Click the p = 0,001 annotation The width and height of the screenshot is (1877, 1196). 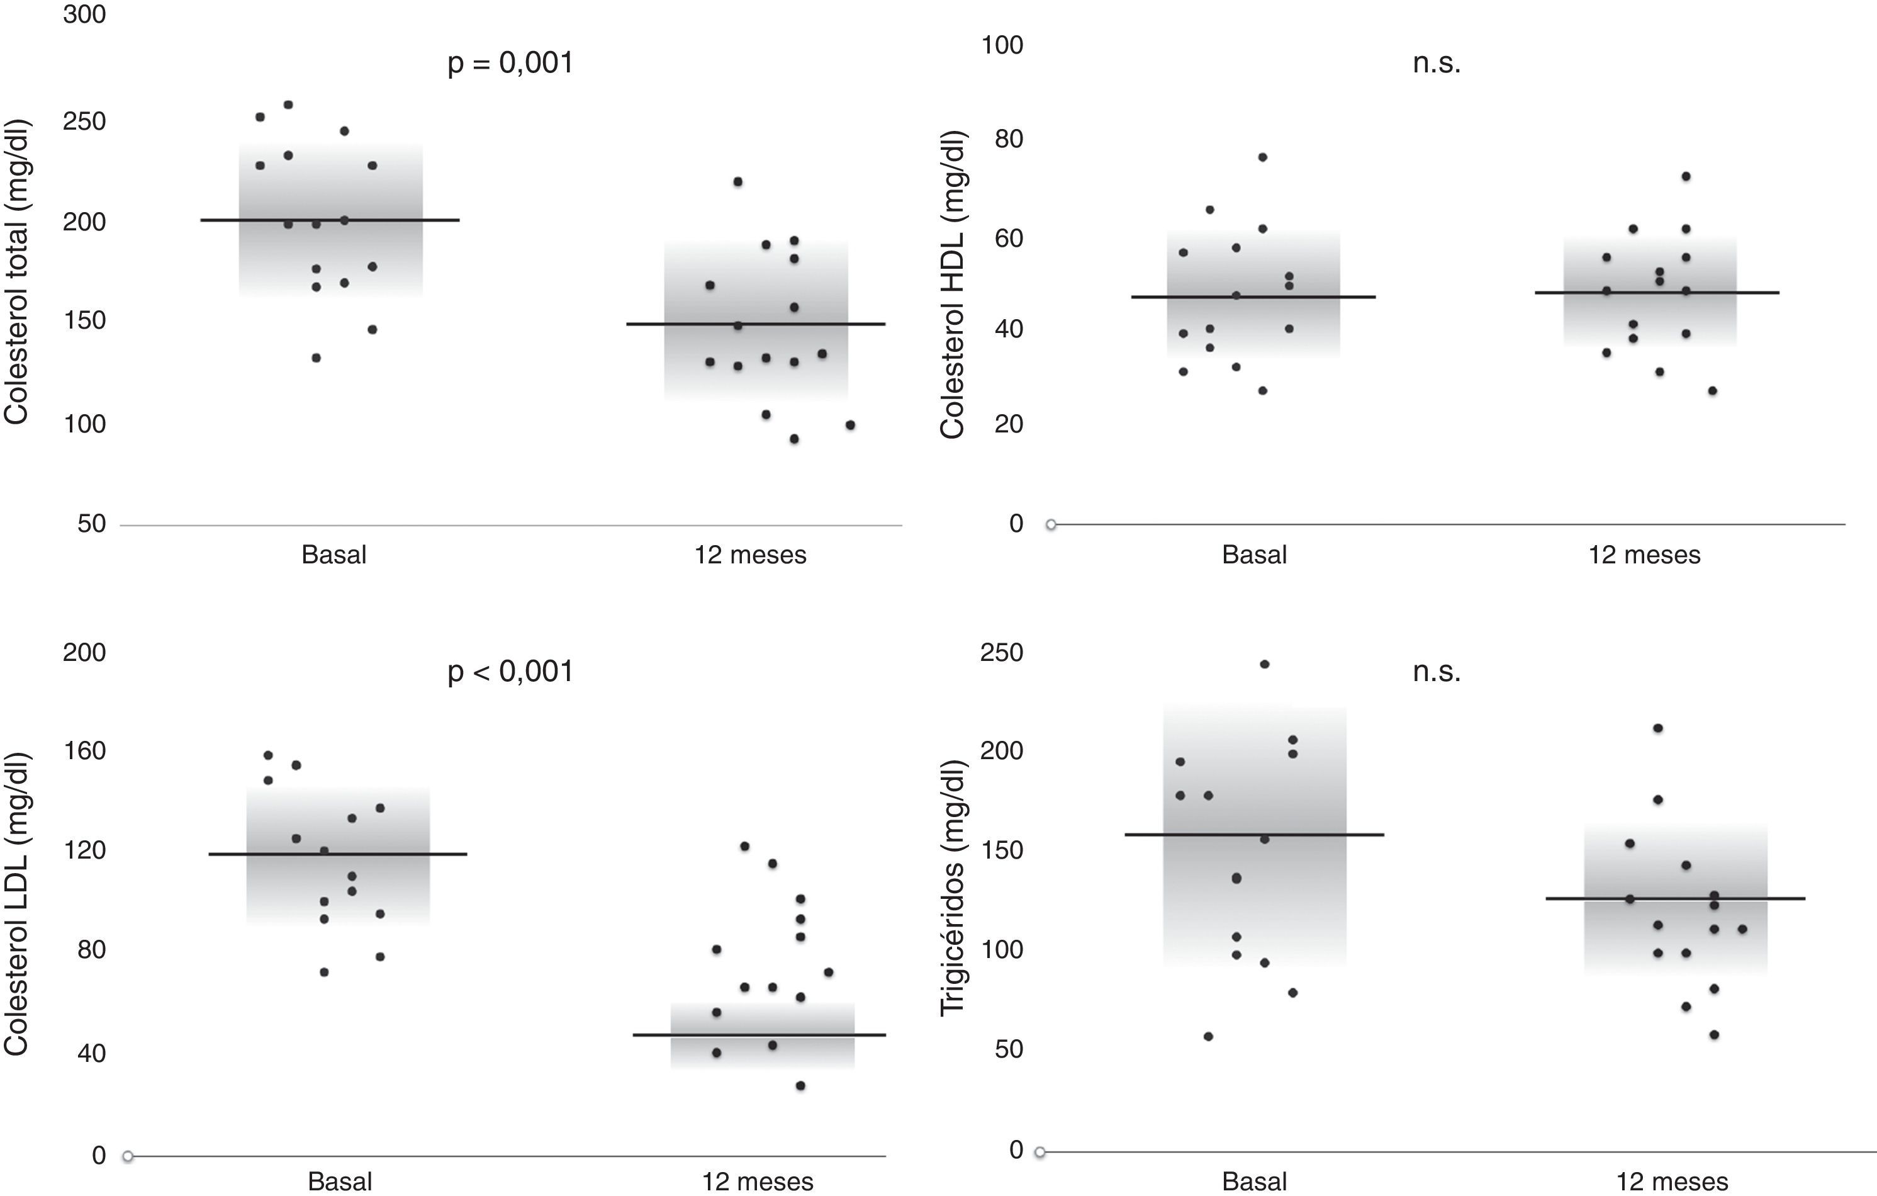coord(510,63)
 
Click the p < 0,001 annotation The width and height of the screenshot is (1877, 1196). coord(510,671)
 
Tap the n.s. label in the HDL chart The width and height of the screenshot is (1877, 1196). coord(1436,63)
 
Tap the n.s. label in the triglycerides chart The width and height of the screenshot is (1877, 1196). coord(1436,671)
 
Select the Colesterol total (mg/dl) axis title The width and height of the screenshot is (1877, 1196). coord(16,271)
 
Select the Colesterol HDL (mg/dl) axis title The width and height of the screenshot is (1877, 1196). coord(952,284)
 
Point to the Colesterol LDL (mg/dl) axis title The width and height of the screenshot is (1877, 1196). coord(16,905)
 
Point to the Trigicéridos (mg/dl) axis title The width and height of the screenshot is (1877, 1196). coord(952,886)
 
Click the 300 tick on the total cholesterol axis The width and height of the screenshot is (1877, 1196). coord(84,14)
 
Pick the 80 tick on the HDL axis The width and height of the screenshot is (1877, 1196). coord(1008,140)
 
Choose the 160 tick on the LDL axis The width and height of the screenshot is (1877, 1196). coord(84,751)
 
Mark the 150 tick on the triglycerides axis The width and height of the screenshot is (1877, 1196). coord(1002,850)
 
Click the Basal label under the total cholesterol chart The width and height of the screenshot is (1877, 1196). coord(333,555)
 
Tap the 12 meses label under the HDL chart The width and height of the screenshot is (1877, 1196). coord(1645,555)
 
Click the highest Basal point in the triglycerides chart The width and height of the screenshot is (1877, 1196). coord(1264,664)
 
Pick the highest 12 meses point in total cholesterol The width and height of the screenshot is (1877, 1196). coord(737,182)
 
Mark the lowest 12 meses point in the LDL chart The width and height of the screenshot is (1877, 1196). coord(800,1085)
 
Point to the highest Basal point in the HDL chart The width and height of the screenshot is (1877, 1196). coord(1263,157)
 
